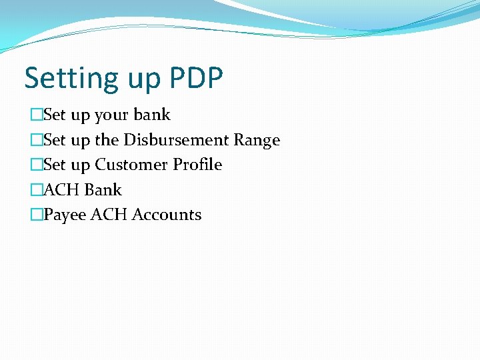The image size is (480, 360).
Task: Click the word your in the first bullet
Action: (x=112, y=116)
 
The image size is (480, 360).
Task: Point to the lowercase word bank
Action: (x=152, y=115)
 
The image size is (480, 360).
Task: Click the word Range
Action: (x=257, y=141)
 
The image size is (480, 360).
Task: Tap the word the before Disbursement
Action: (x=107, y=140)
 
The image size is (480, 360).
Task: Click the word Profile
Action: (x=197, y=165)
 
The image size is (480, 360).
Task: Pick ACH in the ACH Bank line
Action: (x=62, y=190)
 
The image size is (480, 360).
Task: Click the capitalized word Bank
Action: (x=103, y=190)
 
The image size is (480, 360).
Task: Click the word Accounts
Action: (x=167, y=215)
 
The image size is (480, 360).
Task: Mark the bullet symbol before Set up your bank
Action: (x=36, y=115)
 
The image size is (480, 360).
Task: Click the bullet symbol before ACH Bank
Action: (x=36, y=190)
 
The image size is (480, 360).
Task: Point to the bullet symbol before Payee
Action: (x=36, y=215)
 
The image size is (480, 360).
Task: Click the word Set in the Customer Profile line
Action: (x=55, y=165)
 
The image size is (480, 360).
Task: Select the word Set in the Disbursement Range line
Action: (x=55, y=140)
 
